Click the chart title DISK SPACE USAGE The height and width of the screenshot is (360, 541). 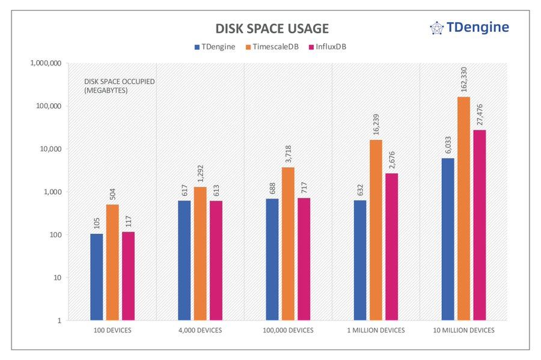272,29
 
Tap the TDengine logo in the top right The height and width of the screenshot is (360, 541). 469,27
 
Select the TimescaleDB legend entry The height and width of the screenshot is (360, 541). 272,46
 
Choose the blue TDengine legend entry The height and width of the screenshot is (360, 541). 215,46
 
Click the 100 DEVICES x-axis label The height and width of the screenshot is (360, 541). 112,331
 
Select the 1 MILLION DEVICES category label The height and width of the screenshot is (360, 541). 376,331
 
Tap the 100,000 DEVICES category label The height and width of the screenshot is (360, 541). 288,331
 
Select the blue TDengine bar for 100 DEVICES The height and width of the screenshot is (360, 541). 96,277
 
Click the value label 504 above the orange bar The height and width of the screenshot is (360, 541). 112,194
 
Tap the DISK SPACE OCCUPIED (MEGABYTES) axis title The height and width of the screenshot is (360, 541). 111,87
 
